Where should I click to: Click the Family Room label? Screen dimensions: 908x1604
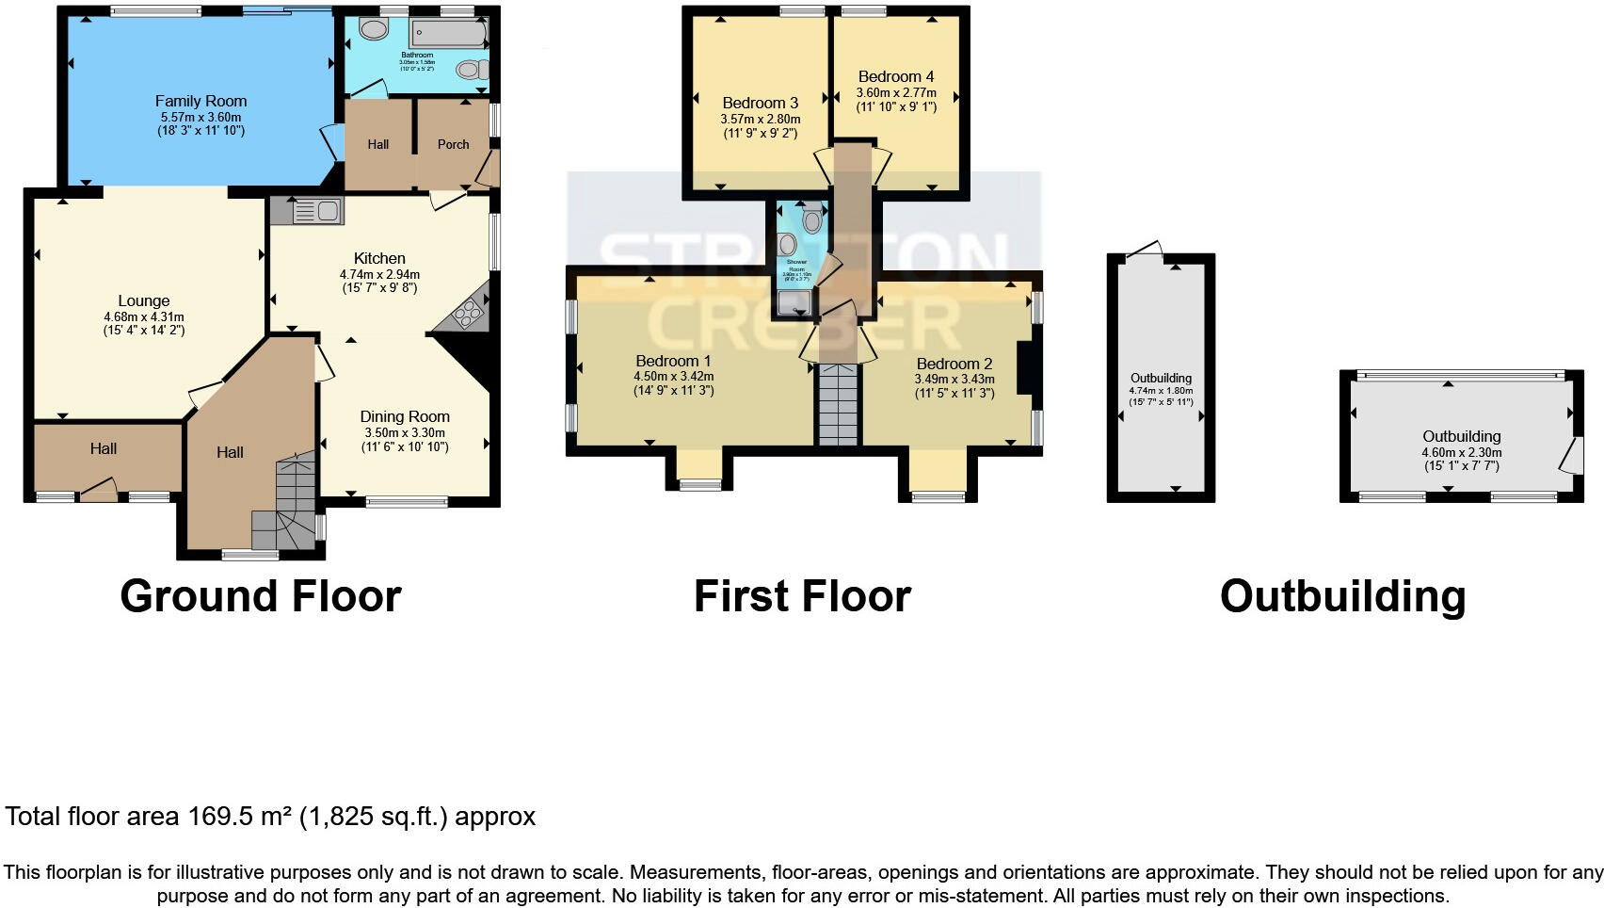[x=200, y=101]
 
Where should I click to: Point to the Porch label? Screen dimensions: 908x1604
[x=453, y=144]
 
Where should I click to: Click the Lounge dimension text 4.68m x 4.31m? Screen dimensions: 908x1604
[x=144, y=316]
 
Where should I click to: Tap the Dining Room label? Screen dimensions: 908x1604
[x=405, y=416]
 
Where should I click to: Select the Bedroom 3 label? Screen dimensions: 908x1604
[x=761, y=103]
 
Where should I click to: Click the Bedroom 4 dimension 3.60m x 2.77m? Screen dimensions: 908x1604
[x=896, y=92]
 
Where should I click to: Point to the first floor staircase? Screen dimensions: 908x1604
[x=838, y=405]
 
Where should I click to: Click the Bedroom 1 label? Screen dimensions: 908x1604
[x=673, y=361]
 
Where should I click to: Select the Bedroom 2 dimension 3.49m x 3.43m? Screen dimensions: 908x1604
[x=954, y=379]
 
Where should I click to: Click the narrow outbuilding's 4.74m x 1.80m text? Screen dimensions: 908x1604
[x=1161, y=390]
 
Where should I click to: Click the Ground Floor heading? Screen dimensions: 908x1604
[x=261, y=596]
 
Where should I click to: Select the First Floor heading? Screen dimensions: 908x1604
[x=802, y=596]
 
